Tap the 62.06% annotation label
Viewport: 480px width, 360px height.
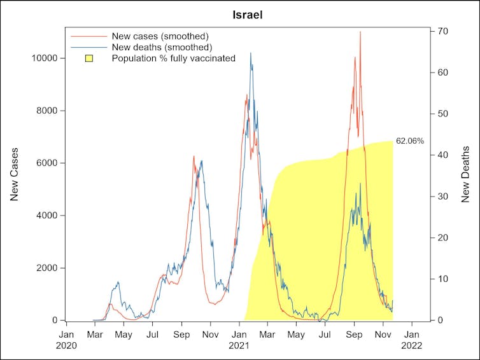pyautogui.click(x=409, y=141)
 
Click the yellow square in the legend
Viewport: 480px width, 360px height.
pyautogui.click(x=90, y=59)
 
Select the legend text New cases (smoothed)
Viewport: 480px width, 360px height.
pyautogui.click(x=160, y=36)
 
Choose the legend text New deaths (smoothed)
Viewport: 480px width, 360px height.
pyautogui.click(x=162, y=47)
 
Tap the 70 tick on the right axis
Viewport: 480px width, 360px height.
pyautogui.click(x=444, y=31)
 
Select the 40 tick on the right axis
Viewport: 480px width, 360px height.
pyautogui.click(x=444, y=155)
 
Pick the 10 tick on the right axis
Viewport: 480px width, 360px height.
pyautogui.click(x=444, y=279)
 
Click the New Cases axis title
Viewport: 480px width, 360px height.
pyautogui.click(x=14, y=175)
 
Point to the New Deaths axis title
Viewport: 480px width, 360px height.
pyautogui.click(x=465, y=175)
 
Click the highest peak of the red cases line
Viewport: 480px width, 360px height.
pyautogui.click(x=360, y=32)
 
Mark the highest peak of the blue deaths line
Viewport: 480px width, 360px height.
pyautogui.click(x=251, y=53)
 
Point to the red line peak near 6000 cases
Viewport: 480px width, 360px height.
pyautogui.click(x=194, y=156)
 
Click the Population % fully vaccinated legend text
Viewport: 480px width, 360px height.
pyautogui.click(x=173, y=59)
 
